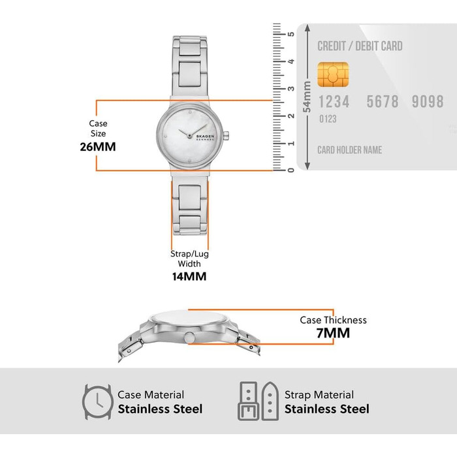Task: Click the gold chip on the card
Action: pos(333,74)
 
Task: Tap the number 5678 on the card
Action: pos(383,101)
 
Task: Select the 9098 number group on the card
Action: pos(428,101)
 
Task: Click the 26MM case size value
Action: pos(98,147)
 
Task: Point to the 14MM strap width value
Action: pos(189,276)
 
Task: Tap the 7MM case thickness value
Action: pos(333,333)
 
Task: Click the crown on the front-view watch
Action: pos(226,135)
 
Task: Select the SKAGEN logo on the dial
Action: pos(205,136)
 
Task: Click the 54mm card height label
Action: pos(307,97)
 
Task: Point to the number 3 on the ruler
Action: pos(291,89)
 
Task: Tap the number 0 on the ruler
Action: pos(291,170)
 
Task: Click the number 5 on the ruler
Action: pos(291,34)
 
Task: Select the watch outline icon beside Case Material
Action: pos(97,402)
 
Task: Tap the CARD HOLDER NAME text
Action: pos(349,150)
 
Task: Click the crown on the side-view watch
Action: pos(189,338)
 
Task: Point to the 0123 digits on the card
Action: pos(328,119)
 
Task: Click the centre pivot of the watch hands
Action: pos(189,136)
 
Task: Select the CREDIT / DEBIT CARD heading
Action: pos(360,46)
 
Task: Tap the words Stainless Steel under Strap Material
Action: pos(326,409)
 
